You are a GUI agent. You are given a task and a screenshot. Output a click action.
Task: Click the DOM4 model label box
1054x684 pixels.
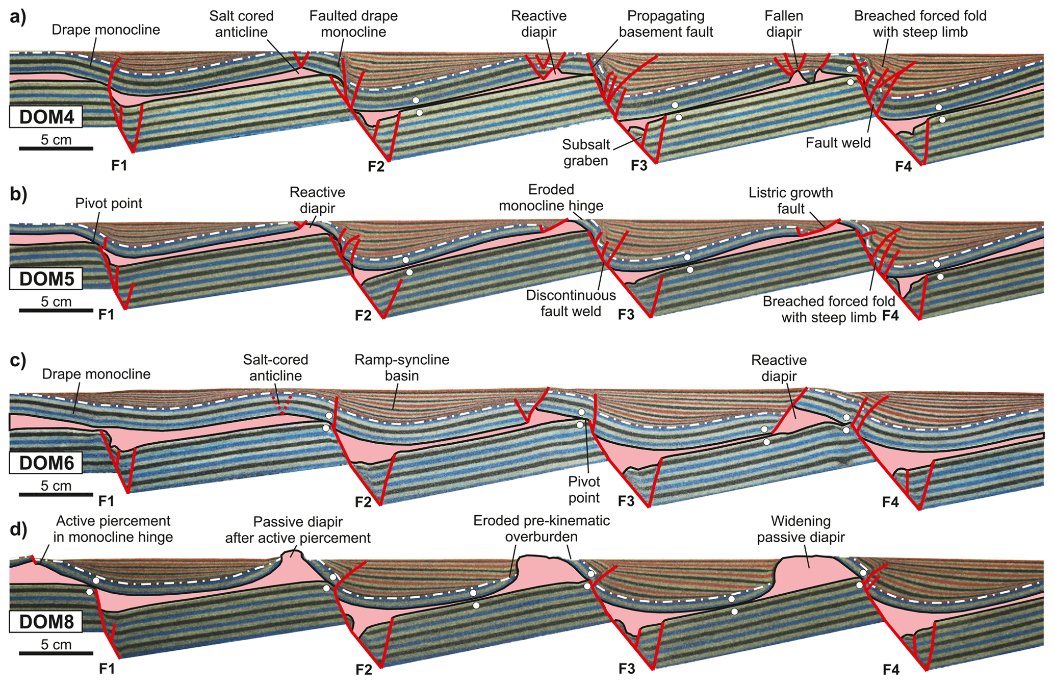[x=46, y=117]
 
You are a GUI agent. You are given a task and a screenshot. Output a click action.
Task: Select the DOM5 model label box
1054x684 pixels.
[x=46, y=279]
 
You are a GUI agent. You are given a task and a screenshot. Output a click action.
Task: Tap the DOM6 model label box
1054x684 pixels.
[x=46, y=463]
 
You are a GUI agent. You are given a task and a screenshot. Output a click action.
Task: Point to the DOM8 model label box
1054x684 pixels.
[x=46, y=622]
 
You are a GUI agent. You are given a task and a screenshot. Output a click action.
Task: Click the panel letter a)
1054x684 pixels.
[x=18, y=17]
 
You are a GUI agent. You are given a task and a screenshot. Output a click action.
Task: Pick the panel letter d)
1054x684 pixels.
[x=18, y=529]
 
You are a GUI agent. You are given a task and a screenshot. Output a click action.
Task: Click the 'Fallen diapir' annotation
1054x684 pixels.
[x=784, y=24]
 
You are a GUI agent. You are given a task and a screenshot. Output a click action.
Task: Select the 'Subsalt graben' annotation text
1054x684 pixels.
[x=586, y=153]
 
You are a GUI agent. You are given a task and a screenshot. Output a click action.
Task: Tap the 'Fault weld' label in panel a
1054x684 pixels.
[x=838, y=143]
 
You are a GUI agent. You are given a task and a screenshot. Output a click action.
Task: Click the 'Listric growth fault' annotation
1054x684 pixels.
[x=790, y=200]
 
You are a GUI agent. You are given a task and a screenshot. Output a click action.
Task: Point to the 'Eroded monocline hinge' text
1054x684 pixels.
[x=551, y=198]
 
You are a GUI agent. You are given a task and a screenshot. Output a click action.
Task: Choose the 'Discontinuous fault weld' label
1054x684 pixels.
[x=571, y=303]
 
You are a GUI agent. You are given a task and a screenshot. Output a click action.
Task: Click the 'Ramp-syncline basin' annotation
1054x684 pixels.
[x=402, y=368]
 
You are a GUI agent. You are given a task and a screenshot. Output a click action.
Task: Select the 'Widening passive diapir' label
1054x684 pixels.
[x=801, y=529]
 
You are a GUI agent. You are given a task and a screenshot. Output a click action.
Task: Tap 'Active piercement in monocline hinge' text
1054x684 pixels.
[x=113, y=529]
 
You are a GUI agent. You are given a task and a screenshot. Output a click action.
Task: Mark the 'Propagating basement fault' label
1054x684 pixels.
[x=665, y=24]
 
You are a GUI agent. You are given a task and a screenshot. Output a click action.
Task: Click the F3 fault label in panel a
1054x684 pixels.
[x=638, y=166]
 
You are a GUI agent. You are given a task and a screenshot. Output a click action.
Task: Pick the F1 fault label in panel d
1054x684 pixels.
[x=107, y=668]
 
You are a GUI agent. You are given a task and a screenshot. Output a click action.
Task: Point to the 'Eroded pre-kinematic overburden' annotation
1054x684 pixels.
[x=541, y=528]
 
